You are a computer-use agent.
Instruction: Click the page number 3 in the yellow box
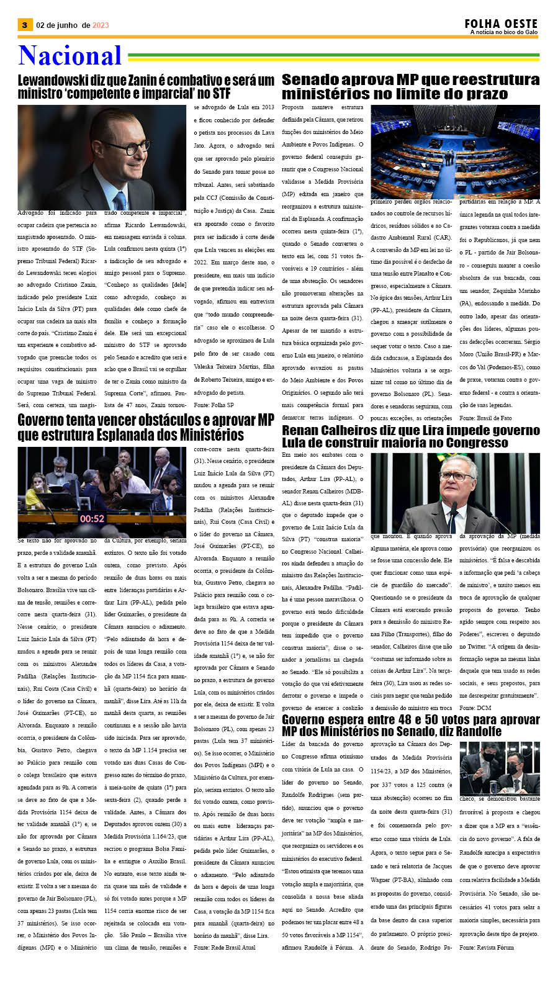tap(24, 25)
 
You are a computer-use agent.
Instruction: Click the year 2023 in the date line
tap(101, 25)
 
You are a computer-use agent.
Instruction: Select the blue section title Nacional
tap(70, 56)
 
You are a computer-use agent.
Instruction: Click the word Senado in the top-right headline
tap(310, 80)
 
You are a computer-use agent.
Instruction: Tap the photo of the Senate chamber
tap(455, 151)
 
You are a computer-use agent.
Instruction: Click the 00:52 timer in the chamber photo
tap(92, 518)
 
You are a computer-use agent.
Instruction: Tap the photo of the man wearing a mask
tap(499, 768)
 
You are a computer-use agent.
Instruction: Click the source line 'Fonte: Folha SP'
tap(214, 405)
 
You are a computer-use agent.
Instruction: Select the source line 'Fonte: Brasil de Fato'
tap(485, 418)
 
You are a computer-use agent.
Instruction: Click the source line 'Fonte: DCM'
tap(475, 708)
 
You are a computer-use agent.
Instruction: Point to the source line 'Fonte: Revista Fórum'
tap(487, 947)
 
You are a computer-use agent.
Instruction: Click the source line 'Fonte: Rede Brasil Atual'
tap(225, 948)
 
